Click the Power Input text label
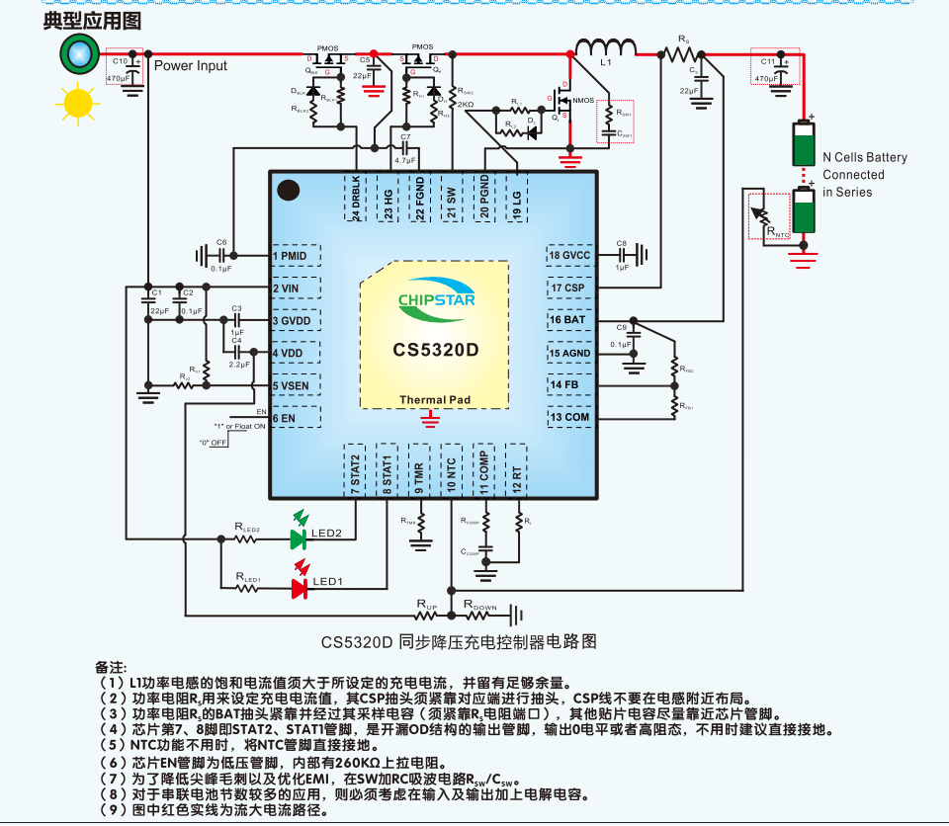190,66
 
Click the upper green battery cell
806,143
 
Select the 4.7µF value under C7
404,160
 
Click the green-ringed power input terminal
77,54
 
